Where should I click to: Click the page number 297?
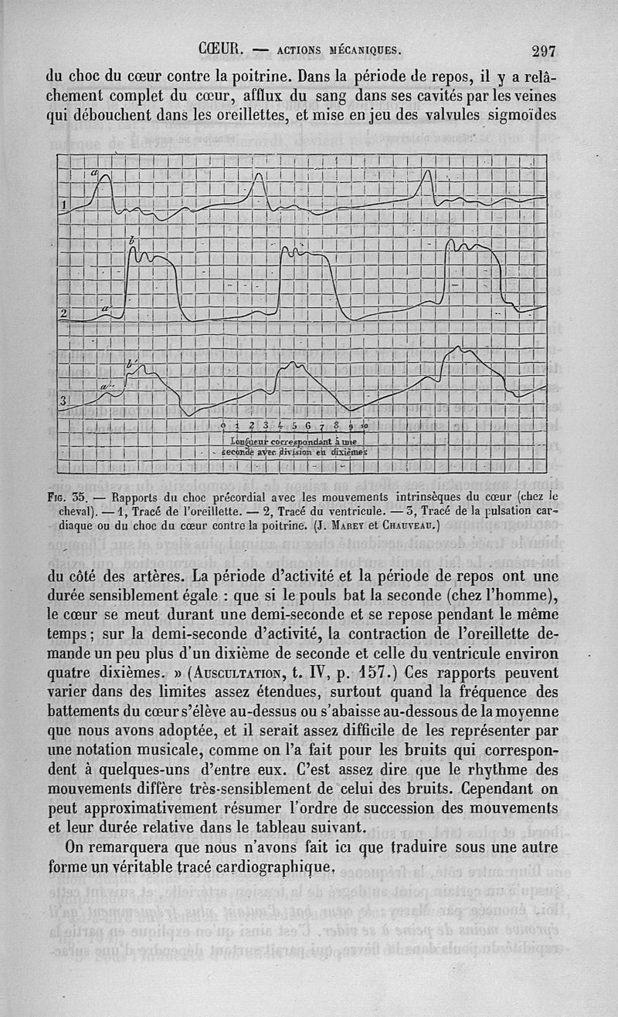tap(544, 52)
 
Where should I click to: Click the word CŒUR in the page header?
tap(221, 51)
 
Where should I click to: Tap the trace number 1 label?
tap(65, 204)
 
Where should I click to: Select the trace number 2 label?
tap(65, 313)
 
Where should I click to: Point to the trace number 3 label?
tap(65, 399)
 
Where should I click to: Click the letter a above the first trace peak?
tap(94, 173)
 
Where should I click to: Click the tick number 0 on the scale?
tap(223, 426)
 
